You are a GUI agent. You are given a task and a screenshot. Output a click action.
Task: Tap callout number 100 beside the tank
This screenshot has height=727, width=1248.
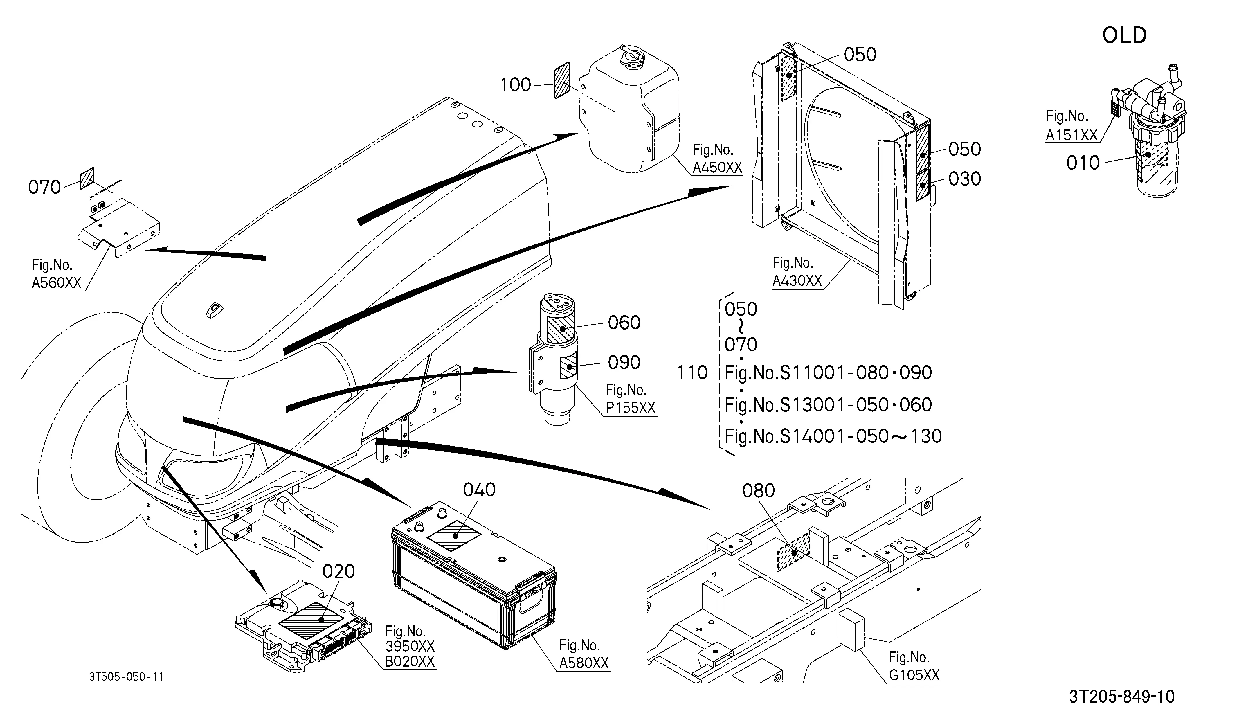pyautogui.click(x=516, y=85)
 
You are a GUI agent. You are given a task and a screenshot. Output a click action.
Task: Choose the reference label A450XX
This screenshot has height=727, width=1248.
pyautogui.click(x=717, y=168)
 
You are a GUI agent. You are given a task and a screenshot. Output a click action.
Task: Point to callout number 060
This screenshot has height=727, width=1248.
pyautogui.click(x=624, y=323)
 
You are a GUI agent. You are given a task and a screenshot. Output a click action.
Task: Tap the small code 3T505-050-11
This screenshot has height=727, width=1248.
pyautogui.click(x=126, y=676)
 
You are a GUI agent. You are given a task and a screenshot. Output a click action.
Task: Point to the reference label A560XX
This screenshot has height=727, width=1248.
pyautogui.click(x=56, y=283)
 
